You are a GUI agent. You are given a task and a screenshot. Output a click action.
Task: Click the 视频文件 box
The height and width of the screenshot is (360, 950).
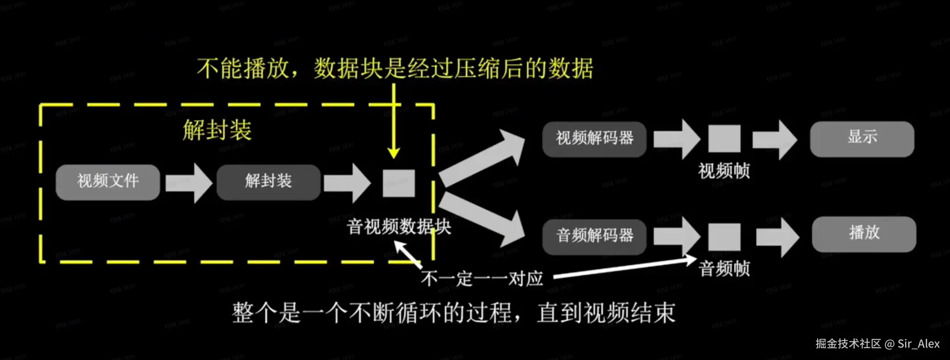click(108, 182)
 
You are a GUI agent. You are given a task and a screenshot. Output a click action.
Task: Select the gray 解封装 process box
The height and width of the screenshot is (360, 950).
click(268, 182)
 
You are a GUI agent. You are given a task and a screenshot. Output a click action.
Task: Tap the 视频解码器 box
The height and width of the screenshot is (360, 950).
click(594, 139)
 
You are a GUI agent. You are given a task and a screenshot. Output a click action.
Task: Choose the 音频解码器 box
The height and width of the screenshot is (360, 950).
click(594, 236)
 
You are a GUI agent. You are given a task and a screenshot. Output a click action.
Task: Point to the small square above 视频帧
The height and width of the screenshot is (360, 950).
click(724, 139)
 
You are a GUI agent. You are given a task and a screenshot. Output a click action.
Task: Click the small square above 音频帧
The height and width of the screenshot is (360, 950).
click(724, 237)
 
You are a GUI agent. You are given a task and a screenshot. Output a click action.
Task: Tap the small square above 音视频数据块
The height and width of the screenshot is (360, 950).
click(399, 183)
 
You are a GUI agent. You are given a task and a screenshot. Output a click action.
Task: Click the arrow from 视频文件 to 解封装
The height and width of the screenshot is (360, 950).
click(189, 183)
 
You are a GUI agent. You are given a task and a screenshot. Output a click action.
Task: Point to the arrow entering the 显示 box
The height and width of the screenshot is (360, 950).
click(775, 139)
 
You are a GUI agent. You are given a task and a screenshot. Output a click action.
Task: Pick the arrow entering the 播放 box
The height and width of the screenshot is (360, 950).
click(777, 236)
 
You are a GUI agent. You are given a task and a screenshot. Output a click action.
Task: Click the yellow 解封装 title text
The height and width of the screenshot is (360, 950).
click(217, 130)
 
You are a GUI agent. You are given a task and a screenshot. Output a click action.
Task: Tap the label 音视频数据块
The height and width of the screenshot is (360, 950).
click(399, 227)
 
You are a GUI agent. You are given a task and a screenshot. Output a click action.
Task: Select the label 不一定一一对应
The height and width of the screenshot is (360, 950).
click(482, 279)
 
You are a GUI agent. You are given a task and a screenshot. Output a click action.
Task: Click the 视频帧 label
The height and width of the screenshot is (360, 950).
click(724, 171)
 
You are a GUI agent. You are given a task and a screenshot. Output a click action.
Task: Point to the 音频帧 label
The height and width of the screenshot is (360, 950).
click(724, 269)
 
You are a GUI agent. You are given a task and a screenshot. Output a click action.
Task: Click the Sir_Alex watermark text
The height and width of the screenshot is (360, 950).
click(918, 344)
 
